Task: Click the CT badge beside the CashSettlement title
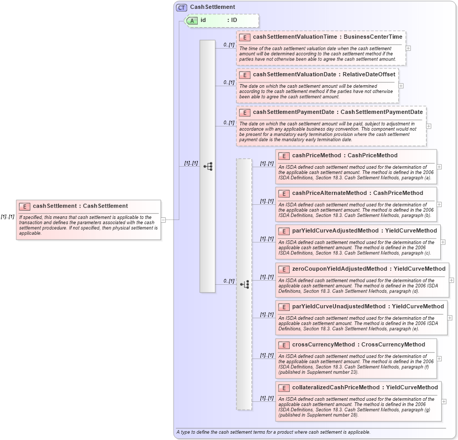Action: (x=181, y=7)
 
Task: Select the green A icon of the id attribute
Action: (x=192, y=20)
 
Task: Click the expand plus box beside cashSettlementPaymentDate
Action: (x=429, y=126)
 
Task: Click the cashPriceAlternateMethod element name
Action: (x=329, y=193)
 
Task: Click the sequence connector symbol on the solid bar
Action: (x=208, y=166)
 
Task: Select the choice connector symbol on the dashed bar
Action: (x=244, y=284)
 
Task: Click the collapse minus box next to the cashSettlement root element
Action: (x=163, y=220)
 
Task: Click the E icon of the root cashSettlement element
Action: (x=25, y=206)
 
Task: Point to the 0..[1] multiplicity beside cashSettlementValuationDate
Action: (x=228, y=82)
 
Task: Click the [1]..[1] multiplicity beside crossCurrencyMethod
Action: (x=267, y=355)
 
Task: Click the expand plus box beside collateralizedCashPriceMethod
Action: (x=444, y=401)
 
